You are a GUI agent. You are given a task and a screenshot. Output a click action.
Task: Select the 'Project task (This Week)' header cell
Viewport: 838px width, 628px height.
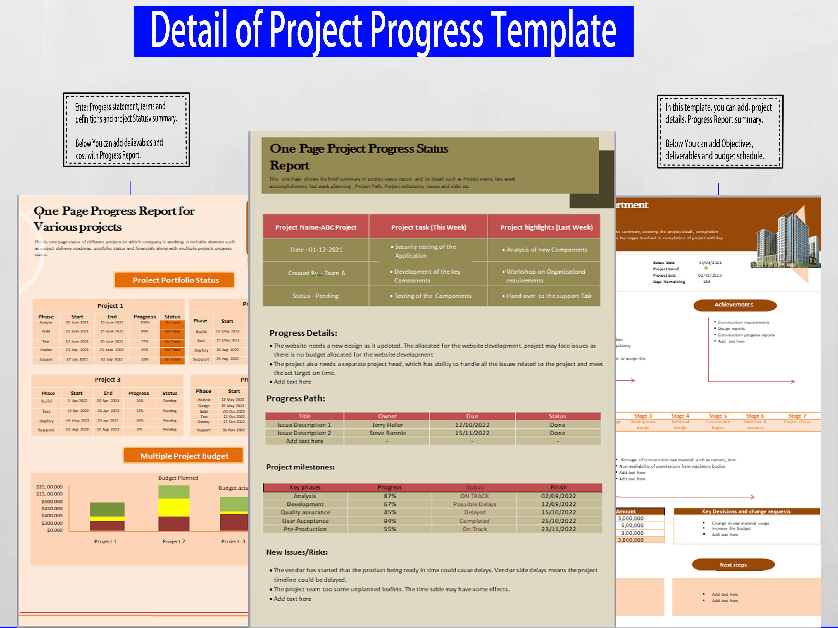coord(428,227)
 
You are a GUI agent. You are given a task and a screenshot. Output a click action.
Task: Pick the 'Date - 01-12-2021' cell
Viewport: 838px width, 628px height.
coord(316,250)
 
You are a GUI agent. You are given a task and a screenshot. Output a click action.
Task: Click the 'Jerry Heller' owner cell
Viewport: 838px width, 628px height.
coord(387,425)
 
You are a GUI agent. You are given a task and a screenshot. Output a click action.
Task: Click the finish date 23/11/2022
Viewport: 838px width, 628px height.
coord(558,529)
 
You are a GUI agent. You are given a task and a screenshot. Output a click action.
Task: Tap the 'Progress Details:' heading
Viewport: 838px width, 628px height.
coord(303,333)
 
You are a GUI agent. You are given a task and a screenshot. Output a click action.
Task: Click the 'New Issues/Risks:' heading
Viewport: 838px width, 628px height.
coord(297,552)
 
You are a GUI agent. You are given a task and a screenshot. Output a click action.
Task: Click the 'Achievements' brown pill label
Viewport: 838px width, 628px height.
coord(734,305)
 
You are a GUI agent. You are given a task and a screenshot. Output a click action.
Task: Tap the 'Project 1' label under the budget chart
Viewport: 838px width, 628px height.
coord(105,541)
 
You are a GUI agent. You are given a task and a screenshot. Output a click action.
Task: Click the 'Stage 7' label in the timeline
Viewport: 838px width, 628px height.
coord(797,416)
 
